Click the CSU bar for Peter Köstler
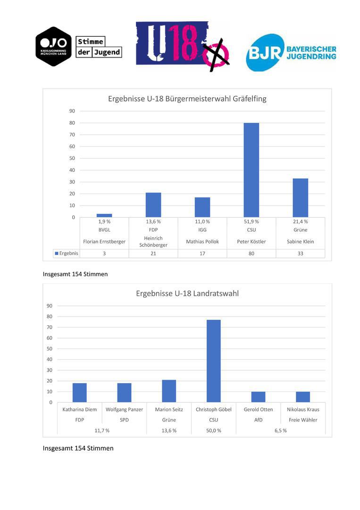pos(251,170)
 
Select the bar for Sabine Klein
pos(301,198)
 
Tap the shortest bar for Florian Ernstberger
pos(104,215)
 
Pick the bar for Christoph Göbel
pos(213,361)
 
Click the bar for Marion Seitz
pos(169,391)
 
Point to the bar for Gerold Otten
pos(258,397)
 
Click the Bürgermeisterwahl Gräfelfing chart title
pos(187,99)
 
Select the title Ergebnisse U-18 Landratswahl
pos(187,293)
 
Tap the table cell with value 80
pos(251,253)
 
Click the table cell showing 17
pos(202,253)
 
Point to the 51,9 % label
pos(251,221)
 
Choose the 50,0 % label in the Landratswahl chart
pos(214,430)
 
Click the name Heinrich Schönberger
pos(153,241)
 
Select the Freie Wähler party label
pos(303,420)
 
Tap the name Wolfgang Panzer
pos(124,409)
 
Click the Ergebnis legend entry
pos(67,253)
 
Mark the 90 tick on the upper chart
pos(72,111)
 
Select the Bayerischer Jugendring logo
pos(291,53)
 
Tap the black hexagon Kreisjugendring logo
pos(53,47)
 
